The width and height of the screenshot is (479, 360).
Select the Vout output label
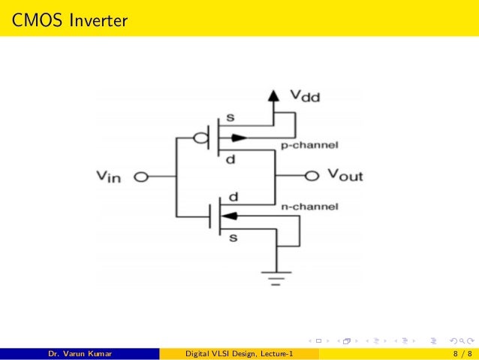(x=345, y=176)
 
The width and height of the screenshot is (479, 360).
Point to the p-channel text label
(x=309, y=144)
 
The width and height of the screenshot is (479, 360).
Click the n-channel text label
(x=309, y=206)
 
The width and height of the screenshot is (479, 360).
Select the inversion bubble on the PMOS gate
(x=200, y=138)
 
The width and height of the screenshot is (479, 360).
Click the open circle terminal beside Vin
(x=140, y=177)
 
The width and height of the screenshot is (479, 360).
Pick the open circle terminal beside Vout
(x=312, y=176)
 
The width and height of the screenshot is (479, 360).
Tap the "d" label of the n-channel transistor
(x=233, y=197)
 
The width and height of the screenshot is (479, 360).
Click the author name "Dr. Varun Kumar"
(x=80, y=353)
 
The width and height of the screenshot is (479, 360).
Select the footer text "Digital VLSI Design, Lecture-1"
(x=239, y=353)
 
